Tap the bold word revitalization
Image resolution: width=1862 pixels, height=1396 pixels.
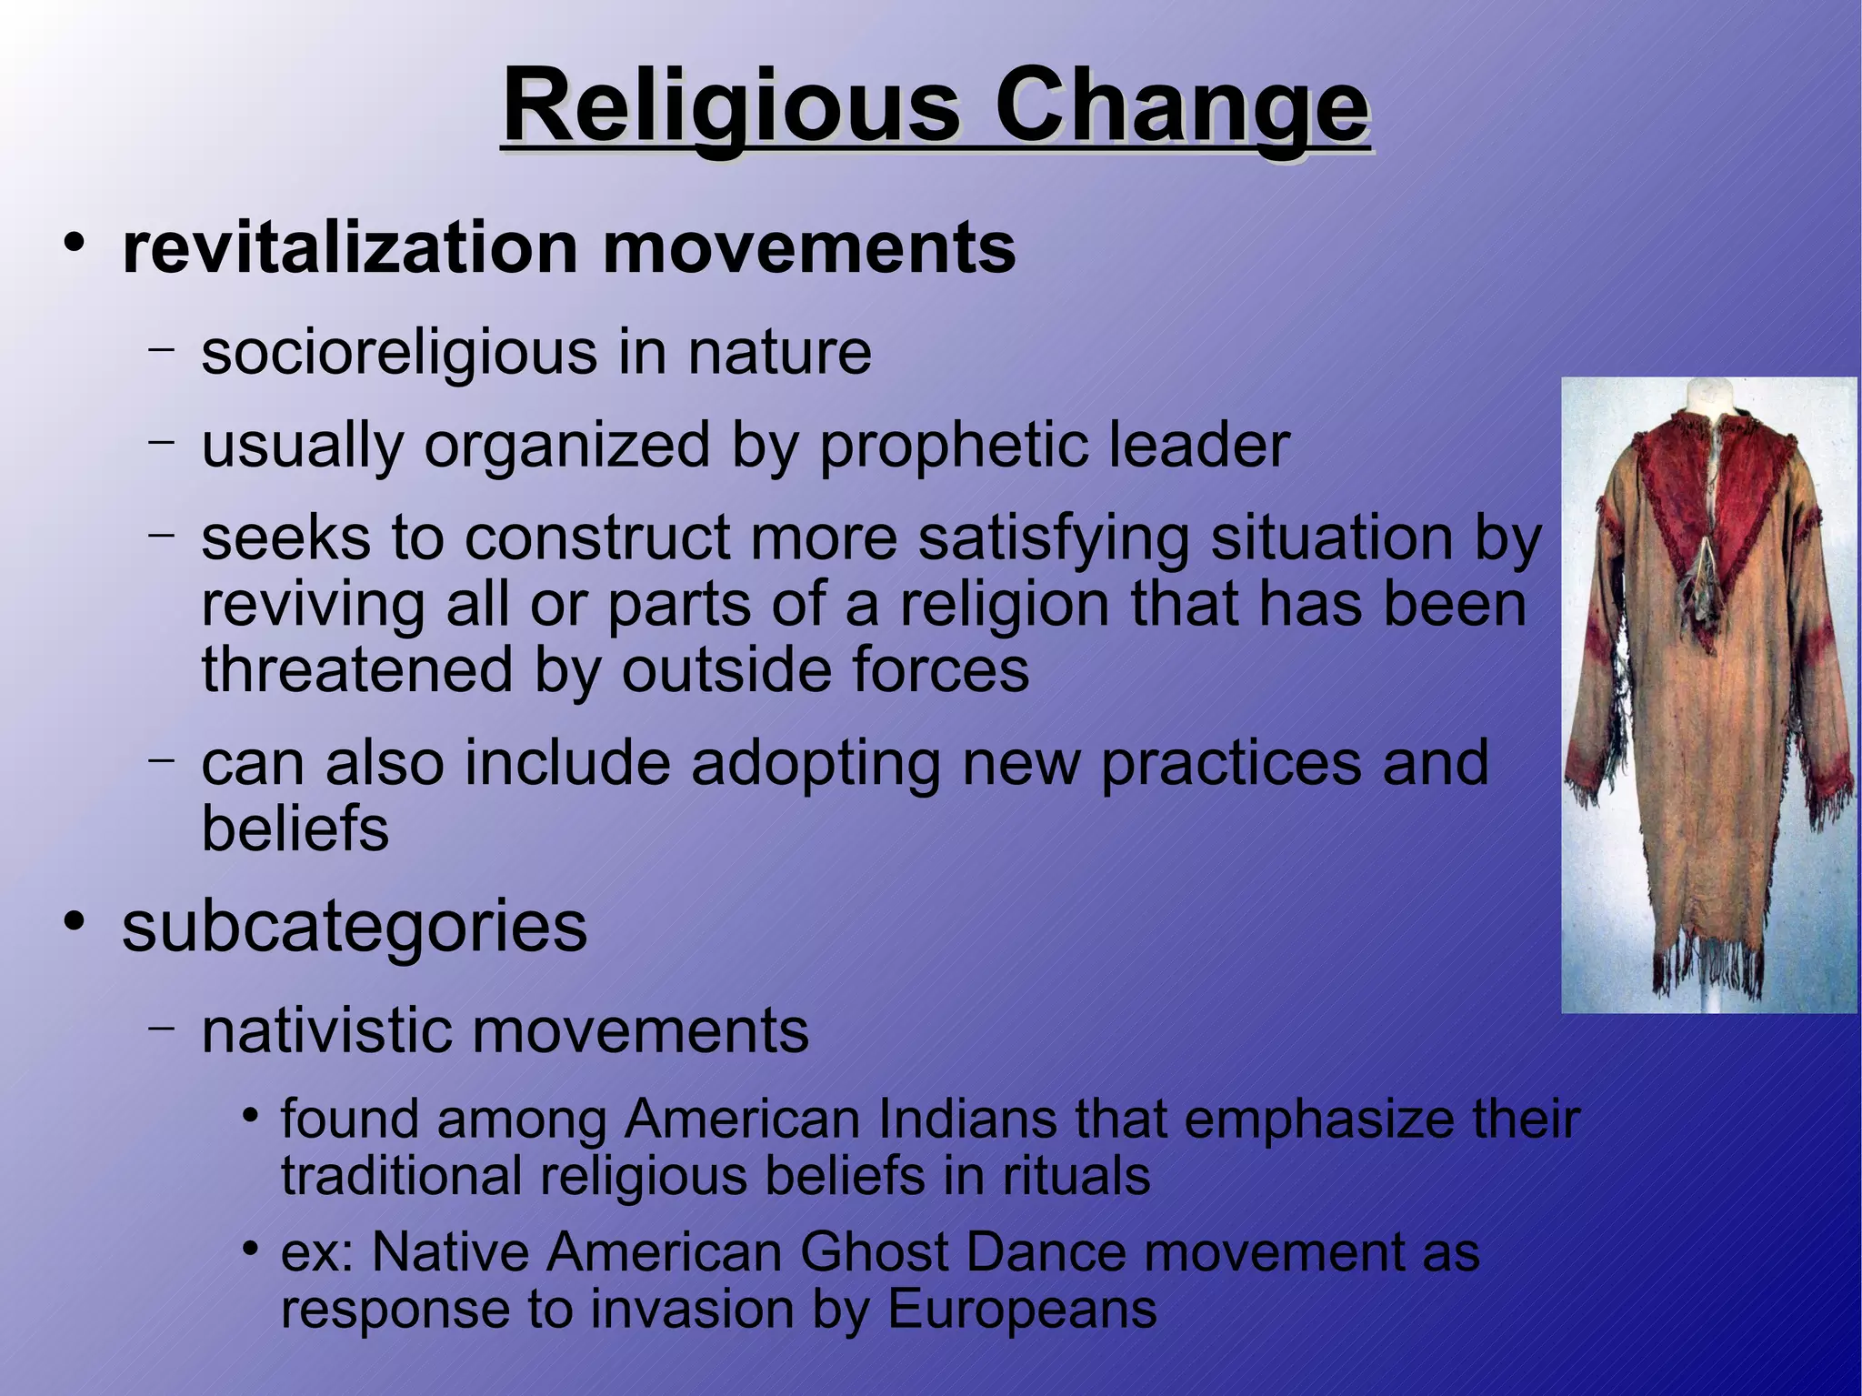tap(351, 247)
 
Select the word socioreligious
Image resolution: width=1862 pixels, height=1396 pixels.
tap(398, 352)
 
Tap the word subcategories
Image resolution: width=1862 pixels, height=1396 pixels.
tap(355, 927)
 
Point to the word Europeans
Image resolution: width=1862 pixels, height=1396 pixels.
tap(1021, 1310)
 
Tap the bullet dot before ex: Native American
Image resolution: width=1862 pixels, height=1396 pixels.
tap(252, 1249)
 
